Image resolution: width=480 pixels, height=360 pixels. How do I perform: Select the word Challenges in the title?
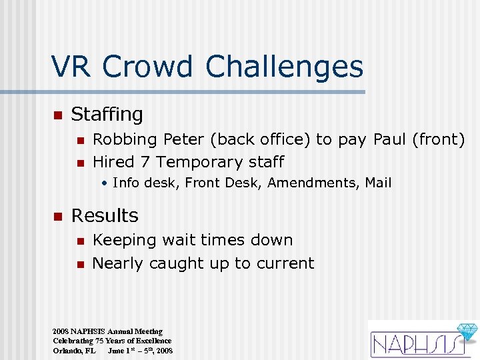coord(285,68)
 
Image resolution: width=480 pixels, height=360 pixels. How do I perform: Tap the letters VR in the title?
coord(72,67)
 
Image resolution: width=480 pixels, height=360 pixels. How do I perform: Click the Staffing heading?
coord(107,115)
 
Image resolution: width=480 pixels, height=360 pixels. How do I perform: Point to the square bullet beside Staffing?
coord(57,115)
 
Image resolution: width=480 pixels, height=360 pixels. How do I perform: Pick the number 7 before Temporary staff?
coord(146,162)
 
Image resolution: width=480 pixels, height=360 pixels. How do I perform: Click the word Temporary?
coord(199,163)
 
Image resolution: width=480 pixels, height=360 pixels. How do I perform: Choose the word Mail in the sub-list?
coord(378,183)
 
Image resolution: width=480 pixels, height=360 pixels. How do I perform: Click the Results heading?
coord(105,215)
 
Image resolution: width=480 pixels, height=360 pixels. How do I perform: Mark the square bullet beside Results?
coord(57,216)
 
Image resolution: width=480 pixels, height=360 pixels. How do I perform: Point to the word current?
coord(283,263)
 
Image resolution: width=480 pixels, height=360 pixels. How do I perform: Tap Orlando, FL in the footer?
coord(74,350)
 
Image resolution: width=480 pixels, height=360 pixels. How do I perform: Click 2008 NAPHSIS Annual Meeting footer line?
coord(107,331)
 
